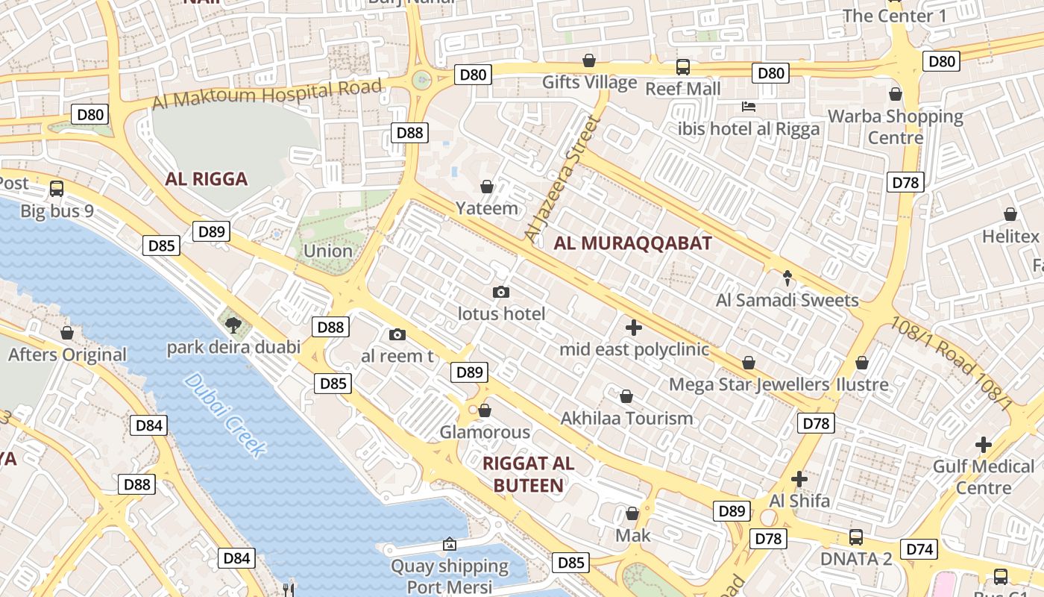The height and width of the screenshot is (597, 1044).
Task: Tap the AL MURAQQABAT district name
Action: point(632,243)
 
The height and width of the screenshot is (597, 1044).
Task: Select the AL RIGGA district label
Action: point(207,179)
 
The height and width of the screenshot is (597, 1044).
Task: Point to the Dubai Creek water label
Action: point(224,414)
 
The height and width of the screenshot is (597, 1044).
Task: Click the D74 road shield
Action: point(919,549)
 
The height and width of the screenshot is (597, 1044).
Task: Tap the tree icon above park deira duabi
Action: point(233,325)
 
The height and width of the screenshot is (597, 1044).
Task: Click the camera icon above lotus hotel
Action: point(501,292)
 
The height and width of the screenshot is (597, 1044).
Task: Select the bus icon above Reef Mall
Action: point(683,67)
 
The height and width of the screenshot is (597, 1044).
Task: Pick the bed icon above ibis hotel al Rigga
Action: point(749,107)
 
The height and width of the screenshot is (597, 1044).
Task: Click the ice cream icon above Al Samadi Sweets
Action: point(787,278)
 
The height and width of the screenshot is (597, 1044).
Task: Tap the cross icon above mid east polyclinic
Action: point(634,327)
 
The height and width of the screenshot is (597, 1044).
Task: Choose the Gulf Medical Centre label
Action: point(984,477)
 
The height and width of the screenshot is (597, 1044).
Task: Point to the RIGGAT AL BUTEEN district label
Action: point(529,474)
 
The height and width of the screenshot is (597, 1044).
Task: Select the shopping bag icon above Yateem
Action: point(487,187)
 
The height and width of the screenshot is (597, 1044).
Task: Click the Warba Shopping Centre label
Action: point(896,127)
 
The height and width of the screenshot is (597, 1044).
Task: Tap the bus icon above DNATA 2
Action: point(856,537)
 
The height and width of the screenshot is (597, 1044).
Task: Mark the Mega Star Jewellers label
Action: point(749,385)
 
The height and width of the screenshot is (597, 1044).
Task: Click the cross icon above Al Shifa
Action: point(799,478)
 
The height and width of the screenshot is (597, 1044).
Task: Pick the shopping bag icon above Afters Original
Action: point(67,333)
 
